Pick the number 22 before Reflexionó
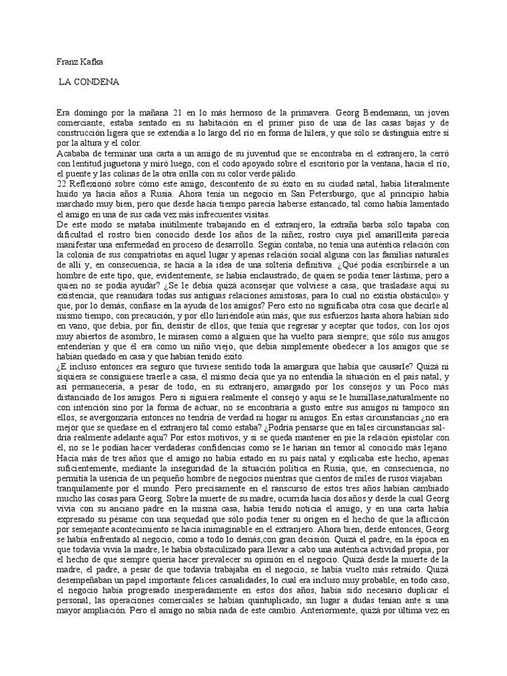(x=61, y=182)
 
